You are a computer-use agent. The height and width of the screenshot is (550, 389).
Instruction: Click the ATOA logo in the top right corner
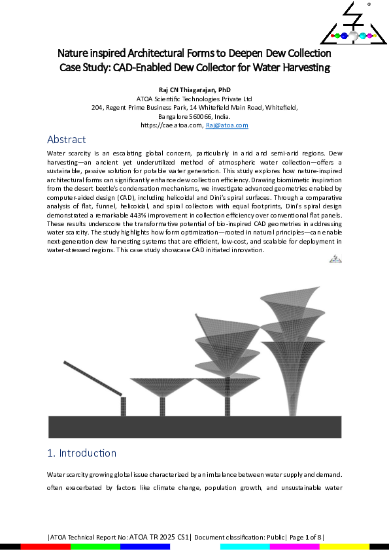(352, 25)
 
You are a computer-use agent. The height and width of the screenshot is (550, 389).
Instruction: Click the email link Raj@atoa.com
(227, 124)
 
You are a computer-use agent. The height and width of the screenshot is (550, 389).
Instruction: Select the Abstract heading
(66, 139)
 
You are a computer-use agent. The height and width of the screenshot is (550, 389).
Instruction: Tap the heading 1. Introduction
(82, 453)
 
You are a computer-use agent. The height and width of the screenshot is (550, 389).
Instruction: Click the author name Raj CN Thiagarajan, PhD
(195, 89)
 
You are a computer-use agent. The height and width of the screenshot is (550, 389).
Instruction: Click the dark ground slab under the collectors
(195, 427)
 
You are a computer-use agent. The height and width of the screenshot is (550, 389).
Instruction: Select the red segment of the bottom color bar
(45, 546)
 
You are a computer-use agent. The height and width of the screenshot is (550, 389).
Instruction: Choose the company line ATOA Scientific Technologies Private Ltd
(195, 99)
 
